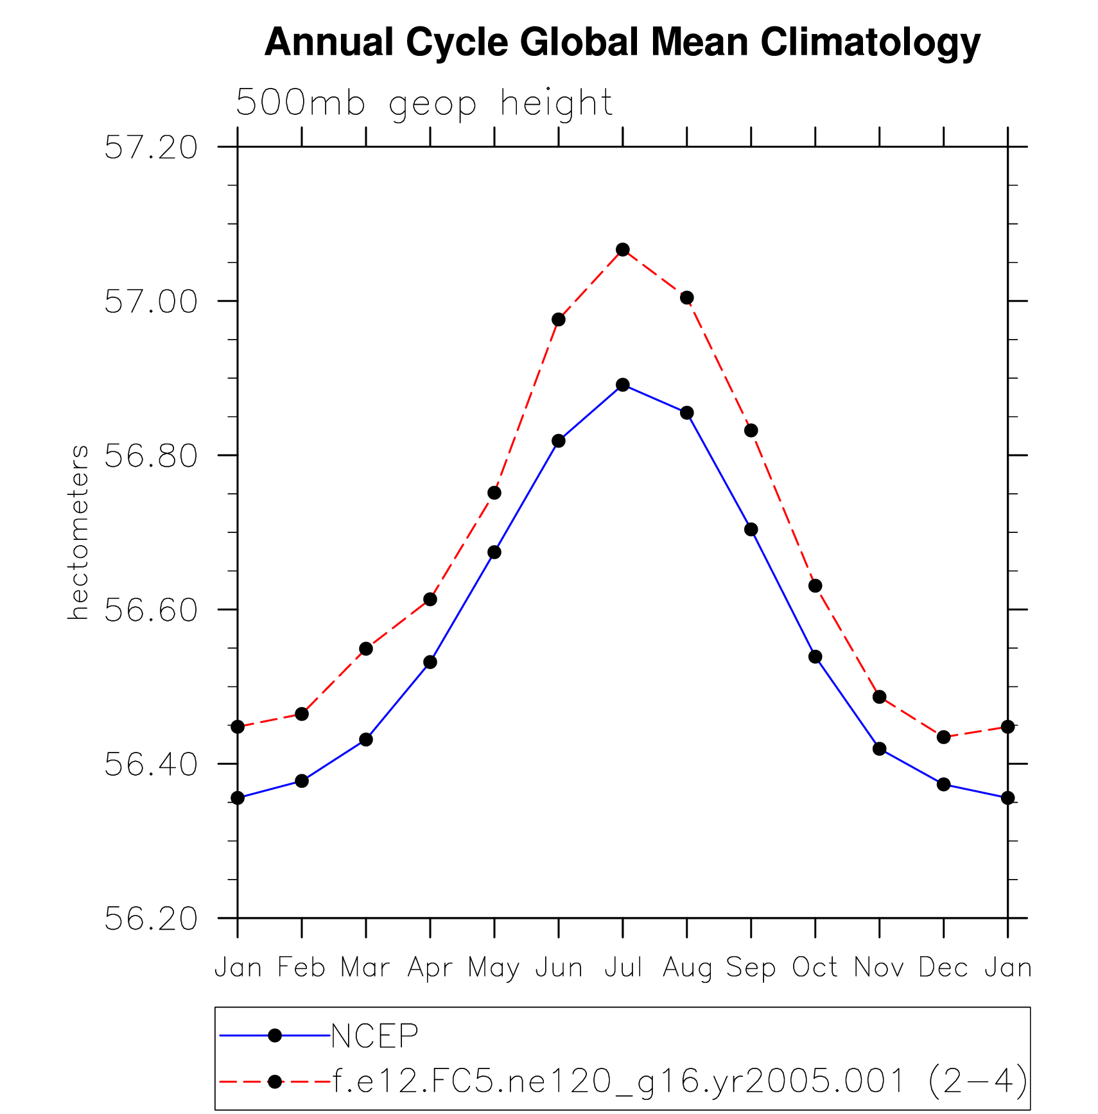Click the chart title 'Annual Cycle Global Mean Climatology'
tap(622, 42)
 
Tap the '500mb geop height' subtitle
tap(424, 103)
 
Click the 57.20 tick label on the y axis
tap(151, 148)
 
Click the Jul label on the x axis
tap(623, 967)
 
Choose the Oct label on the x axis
tap(815, 967)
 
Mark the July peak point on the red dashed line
tap(622, 249)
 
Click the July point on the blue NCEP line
tap(622, 385)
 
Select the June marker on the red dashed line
tap(558, 319)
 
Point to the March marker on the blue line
tap(366, 740)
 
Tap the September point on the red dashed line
tap(751, 430)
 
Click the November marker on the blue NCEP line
tap(879, 749)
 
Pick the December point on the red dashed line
tap(943, 737)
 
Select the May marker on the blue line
tap(494, 552)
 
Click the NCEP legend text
tap(374, 1035)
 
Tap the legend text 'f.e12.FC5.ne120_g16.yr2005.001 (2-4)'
tap(679, 1081)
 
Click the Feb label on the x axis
tap(302, 967)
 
